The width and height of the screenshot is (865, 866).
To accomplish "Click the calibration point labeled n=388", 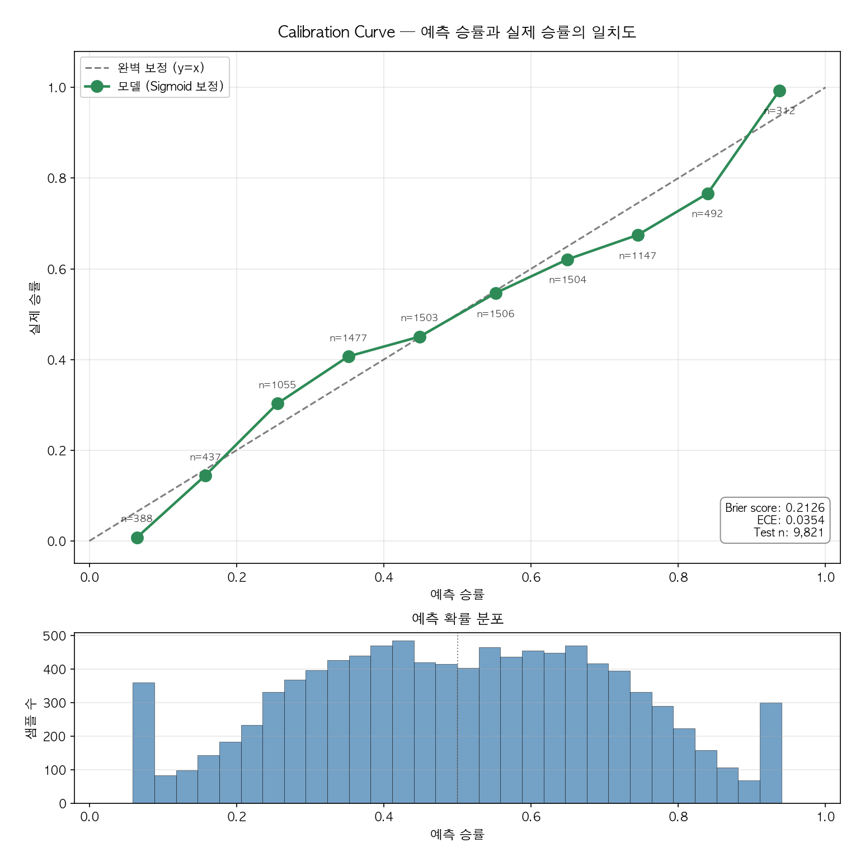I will click(x=137, y=538).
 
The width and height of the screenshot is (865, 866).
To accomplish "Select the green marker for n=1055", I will click(x=278, y=403).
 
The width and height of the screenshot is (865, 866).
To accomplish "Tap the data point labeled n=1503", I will click(x=420, y=337).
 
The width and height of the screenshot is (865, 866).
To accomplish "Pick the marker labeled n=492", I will click(x=708, y=194).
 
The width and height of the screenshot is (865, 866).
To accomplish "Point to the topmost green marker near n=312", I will click(x=779, y=91).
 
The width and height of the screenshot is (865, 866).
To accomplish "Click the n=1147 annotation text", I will click(x=637, y=256).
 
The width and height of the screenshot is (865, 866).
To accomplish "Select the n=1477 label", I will click(x=348, y=338).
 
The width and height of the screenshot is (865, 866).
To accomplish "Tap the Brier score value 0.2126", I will click(x=805, y=508).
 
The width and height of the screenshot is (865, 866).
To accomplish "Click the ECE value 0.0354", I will click(x=805, y=520).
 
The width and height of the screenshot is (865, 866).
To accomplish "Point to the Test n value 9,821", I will click(x=808, y=533).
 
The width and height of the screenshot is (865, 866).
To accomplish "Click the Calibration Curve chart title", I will click(x=457, y=32).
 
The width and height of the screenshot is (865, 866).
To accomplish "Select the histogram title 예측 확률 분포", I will click(x=457, y=618).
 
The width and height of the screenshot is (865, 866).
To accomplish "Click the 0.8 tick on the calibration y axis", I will click(x=57, y=178).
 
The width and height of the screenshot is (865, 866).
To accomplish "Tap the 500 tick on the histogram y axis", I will click(x=54, y=636).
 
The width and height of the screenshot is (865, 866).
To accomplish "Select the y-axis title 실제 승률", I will click(x=35, y=307).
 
